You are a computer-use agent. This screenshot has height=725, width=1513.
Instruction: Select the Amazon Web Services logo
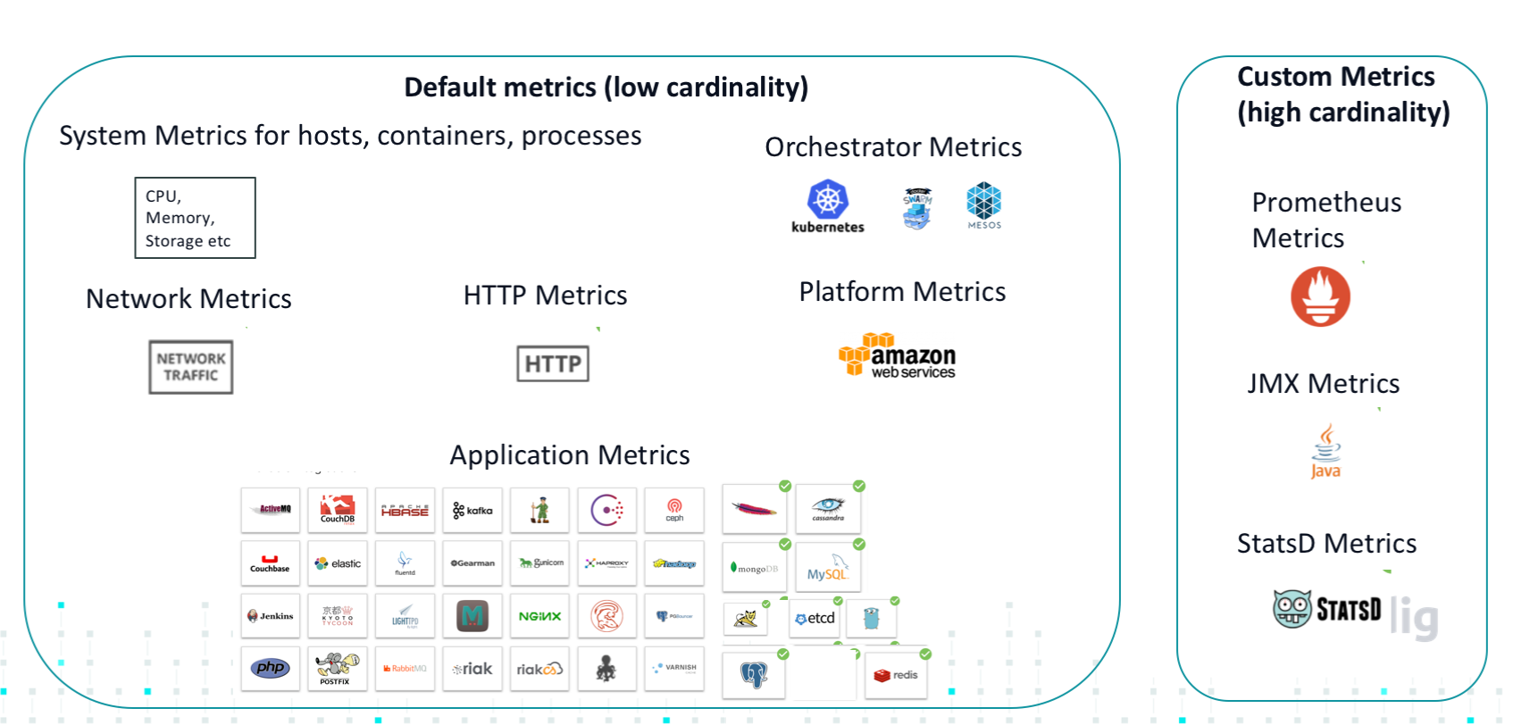897,356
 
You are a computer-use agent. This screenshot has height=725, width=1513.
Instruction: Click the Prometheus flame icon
1320,296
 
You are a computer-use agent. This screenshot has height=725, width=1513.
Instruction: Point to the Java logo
1325,452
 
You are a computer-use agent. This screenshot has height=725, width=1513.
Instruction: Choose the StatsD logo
1327,609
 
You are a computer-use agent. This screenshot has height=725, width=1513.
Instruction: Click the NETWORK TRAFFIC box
191,367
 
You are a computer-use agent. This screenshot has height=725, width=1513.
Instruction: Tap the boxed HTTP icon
553,363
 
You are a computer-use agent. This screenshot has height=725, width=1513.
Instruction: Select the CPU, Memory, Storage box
195,218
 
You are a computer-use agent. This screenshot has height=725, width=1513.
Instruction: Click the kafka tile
472,511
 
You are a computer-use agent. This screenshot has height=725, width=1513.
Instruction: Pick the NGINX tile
539,616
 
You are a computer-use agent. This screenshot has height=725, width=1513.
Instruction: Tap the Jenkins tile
271,616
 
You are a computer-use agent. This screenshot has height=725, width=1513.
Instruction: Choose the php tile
271,669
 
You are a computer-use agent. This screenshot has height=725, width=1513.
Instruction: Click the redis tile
896,675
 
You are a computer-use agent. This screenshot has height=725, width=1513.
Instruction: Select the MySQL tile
828,569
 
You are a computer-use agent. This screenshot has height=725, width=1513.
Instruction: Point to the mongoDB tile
755,568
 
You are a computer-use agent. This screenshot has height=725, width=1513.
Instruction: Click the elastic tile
338,563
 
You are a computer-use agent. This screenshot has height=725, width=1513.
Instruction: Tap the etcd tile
815,618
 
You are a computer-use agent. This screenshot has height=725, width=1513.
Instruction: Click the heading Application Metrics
570,455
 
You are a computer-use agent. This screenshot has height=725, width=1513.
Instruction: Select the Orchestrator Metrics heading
893,147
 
